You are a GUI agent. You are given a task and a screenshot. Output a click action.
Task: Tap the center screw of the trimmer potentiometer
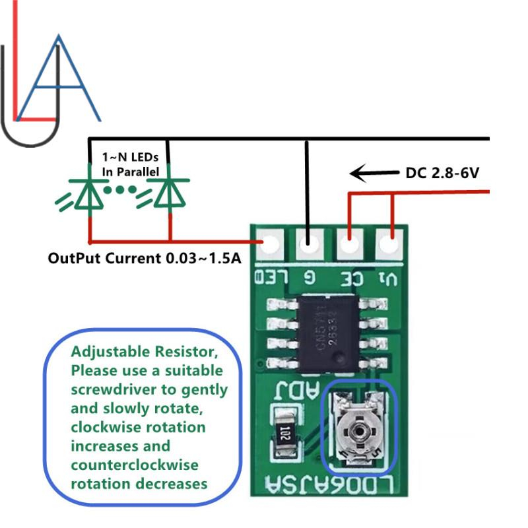tap(359, 431)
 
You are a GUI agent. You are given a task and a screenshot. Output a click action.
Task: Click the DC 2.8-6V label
tap(442, 174)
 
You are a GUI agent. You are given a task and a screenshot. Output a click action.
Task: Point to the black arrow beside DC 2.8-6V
tap(372, 174)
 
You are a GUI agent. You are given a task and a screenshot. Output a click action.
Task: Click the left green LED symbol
tap(88, 193)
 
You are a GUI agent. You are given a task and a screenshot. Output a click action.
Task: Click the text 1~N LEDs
tap(131, 158)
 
